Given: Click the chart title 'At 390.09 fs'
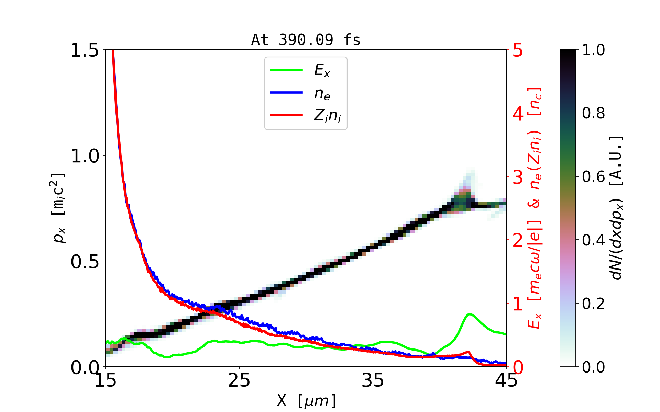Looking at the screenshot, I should [x=306, y=40].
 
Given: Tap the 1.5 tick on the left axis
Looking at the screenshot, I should [x=84, y=50].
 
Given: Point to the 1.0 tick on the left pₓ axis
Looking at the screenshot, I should [x=84, y=156].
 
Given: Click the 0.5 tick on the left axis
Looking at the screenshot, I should [x=84, y=262].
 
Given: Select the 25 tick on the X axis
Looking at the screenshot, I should [x=239, y=380].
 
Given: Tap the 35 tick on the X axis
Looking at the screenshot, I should [x=373, y=380].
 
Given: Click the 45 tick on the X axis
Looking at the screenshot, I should [x=507, y=380].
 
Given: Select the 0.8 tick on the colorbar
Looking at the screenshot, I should [x=593, y=113].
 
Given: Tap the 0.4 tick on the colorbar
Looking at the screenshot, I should [x=593, y=240].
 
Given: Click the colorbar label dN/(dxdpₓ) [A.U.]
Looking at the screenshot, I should [x=617, y=208].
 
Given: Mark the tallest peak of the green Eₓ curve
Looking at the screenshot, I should [x=470, y=314].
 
